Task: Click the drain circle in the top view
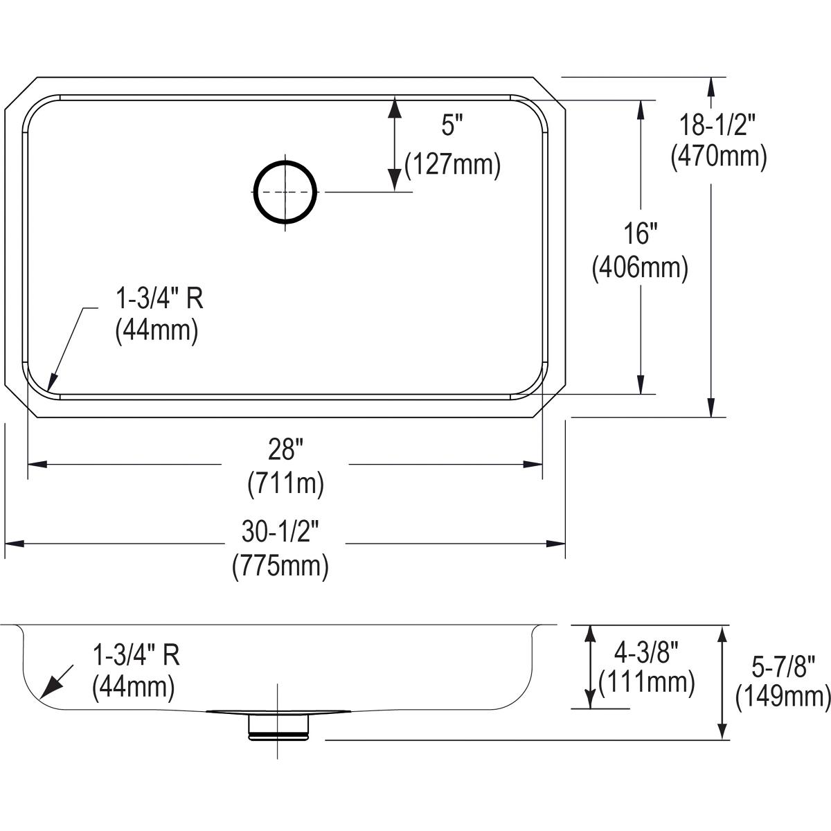[x=285, y=192]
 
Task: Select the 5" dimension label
[x=451, y=126]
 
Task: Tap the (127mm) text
[x=452, y=166]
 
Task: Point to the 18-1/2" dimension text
[x=718, y=127]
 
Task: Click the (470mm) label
[x=718, y=157]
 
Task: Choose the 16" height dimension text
[x=638, y=235]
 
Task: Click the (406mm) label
[x=639, y=268]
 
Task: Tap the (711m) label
[x=285, y=483]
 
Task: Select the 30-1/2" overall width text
[x=280, y=533]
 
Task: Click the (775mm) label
[x=280, y=565]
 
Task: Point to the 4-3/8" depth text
[x=646, y=652]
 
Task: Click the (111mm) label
[x=646, y=683]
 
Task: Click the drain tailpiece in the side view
[x=277, y=727]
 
